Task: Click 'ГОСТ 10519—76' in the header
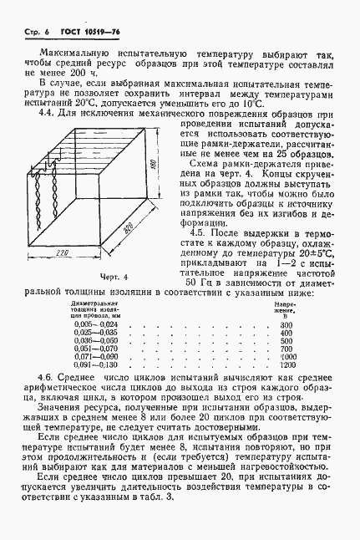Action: pos(69,28)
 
